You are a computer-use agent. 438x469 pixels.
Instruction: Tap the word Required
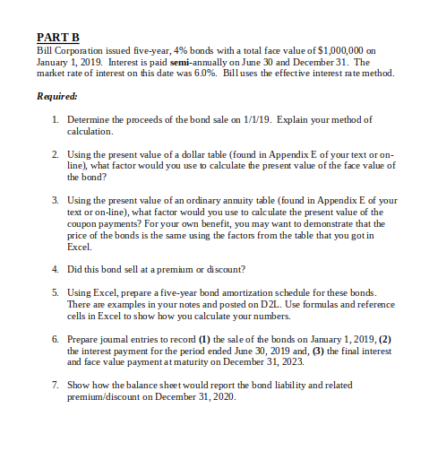[56, 95]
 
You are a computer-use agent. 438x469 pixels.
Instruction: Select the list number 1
[56, 119]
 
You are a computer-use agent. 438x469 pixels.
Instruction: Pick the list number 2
[56, 154]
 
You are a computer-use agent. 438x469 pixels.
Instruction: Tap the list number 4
[56, 268]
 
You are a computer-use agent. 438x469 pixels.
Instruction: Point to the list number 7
[56, 385]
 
